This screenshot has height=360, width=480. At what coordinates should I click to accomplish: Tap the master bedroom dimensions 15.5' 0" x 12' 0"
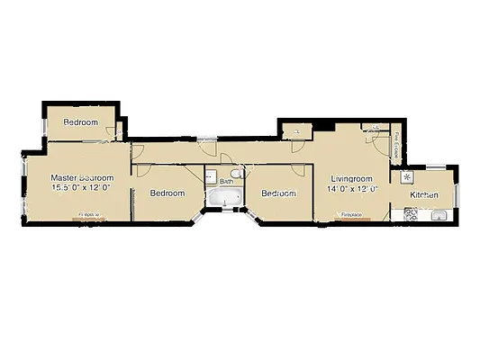click(x=80, y=188)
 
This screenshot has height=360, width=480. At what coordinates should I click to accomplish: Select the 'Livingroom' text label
click(x=350, y=179)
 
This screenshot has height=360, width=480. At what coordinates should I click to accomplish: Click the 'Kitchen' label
click(x=424, y=195)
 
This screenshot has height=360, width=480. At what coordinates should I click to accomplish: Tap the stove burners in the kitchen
click(x=412, y=214)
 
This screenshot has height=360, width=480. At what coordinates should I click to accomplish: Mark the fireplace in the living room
click(x=351, y=217)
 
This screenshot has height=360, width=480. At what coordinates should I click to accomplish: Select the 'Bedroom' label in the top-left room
click(x=80, y=122)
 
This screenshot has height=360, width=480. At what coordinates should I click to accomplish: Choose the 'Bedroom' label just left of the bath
click(x=168, y=193)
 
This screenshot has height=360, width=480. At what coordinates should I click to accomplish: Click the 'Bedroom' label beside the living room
click(x=278, y=193)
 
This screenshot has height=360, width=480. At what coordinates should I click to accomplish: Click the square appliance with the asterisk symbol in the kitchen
click(x=406, y=176)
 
